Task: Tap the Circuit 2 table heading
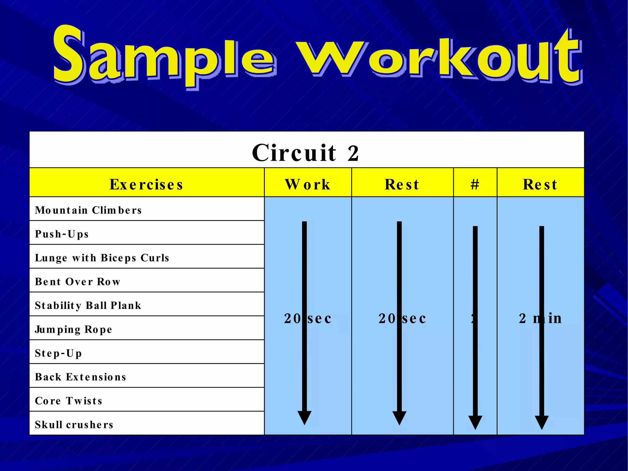point(306,152)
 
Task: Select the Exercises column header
point(147,184)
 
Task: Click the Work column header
point(308,184)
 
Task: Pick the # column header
point(475,184)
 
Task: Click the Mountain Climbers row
point(88,210)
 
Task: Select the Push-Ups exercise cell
point(62,234)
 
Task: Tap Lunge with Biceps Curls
point(102,258)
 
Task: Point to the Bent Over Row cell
point(78,282)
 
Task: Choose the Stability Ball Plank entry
point(88,306)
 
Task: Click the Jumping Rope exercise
point(74,330)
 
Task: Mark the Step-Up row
point(58,353)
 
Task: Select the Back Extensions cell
point(81,377)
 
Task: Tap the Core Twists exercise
point(69,401)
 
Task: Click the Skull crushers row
point(74,425)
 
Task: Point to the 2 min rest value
point(540,319)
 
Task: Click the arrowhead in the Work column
point(304,418)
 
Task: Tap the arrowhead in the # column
point(475,422)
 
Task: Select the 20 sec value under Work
point(308,319)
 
